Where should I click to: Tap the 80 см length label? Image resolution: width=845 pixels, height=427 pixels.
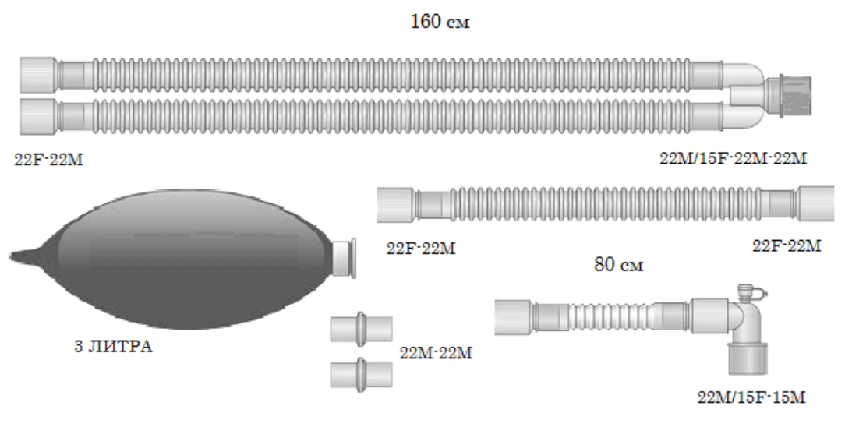tap(620, 265)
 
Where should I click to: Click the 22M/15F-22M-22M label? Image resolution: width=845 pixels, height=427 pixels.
tap(733, 159)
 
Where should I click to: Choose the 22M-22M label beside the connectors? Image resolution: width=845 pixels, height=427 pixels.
tap(436, 353)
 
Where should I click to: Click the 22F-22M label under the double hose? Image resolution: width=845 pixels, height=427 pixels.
tap(49, 161)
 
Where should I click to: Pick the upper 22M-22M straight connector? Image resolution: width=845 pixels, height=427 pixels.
tap(361, 328)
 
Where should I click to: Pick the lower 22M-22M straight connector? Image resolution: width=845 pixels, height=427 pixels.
tap(361, 372)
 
